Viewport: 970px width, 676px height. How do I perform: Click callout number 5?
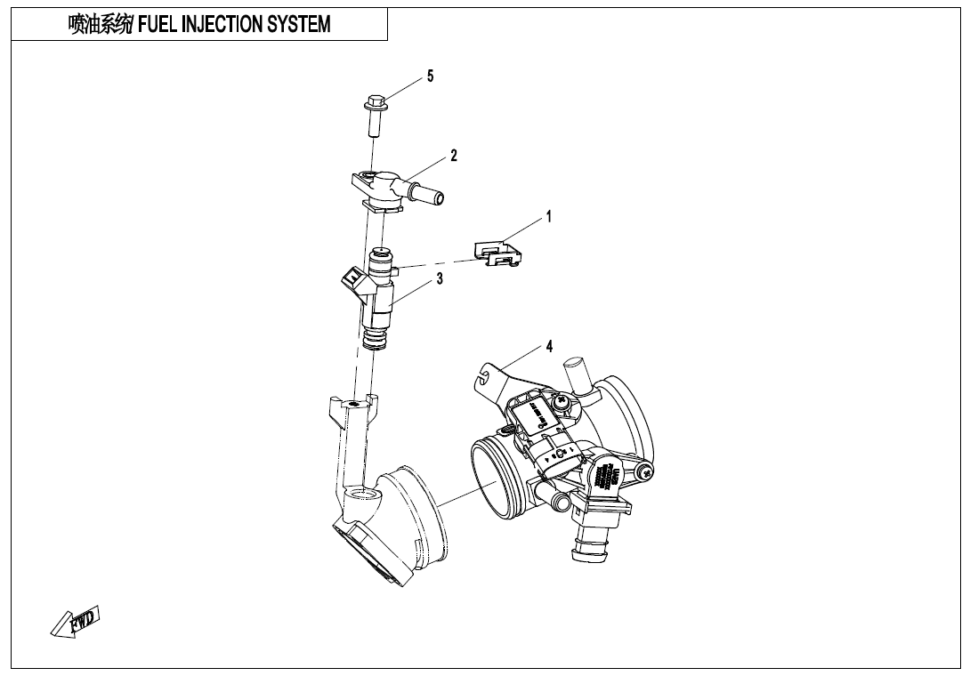(x=430, y=76)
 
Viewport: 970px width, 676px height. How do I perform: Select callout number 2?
(x=454, y=156)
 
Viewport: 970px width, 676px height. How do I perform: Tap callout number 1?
(x=549, y=216)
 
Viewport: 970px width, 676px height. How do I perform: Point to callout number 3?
(x=440, y=279)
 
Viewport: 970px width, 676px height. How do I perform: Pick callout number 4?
(x=550, y=346)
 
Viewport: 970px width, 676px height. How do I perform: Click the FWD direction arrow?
(x=75, y=621)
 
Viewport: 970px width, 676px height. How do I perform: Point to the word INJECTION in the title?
(x=219, y=25)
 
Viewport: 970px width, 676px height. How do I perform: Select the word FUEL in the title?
(x=158, y=25)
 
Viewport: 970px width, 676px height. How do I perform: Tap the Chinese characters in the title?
(x=101, y=25)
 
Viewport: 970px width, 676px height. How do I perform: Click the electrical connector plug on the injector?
(x=353, y=286)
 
